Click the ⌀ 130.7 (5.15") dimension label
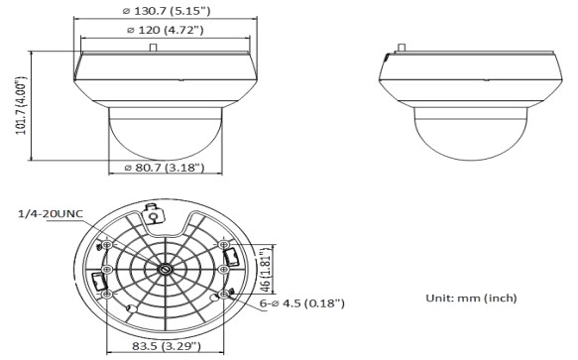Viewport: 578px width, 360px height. pos(167,11)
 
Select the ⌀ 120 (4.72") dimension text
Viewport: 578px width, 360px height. pos(166,30)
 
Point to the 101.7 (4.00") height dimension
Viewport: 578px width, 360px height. pos(21,105)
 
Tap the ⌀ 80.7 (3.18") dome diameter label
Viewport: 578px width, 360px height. pos(165,168)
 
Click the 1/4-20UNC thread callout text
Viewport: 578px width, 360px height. pos(51,214)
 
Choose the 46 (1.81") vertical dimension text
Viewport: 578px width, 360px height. pos(266,270)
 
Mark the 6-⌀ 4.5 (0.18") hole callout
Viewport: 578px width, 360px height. pos(302,303)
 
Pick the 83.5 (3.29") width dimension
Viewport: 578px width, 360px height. pos(167,346)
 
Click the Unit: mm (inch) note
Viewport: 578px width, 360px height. pos(471,298)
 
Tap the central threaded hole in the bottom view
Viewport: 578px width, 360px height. pos(165,269)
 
